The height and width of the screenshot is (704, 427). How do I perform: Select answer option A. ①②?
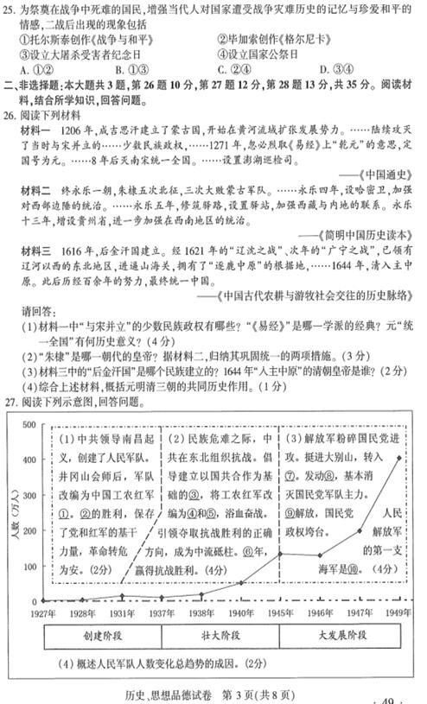click(34, 70)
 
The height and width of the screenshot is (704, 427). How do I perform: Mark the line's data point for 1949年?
click(399, 456)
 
